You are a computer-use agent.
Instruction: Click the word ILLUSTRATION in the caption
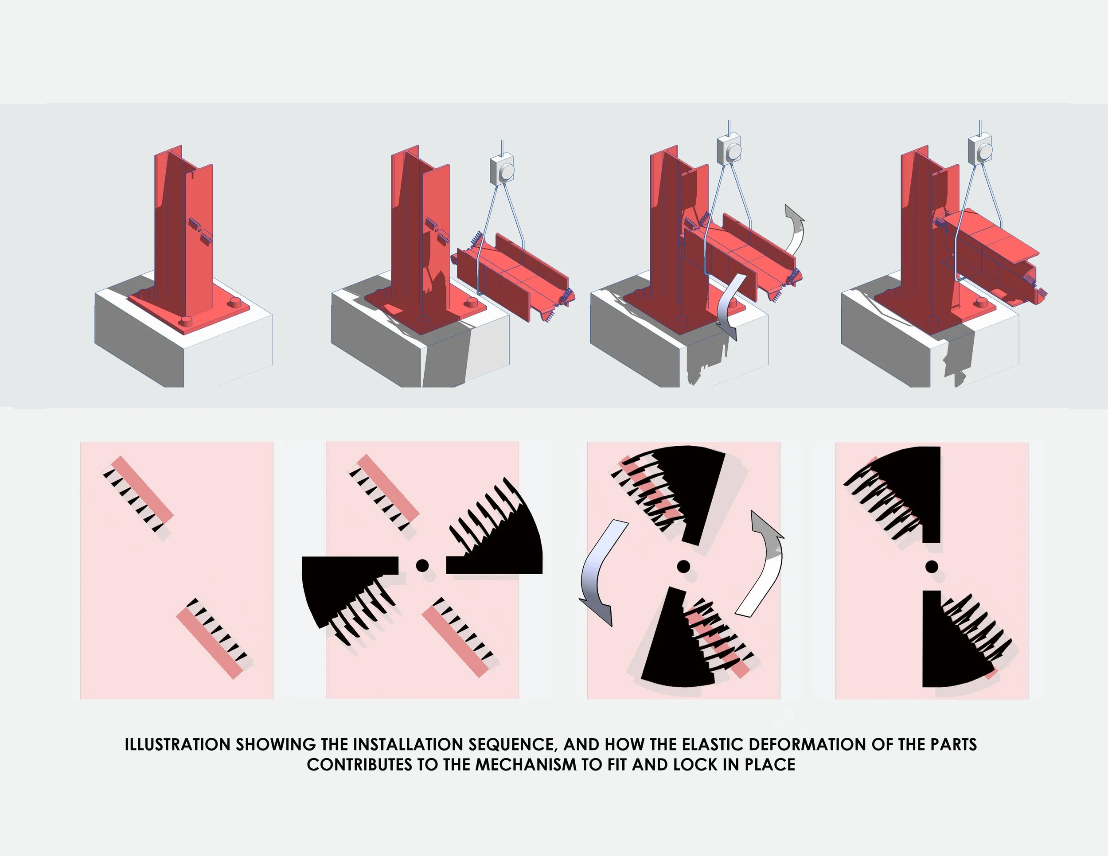click(x=178, y=744)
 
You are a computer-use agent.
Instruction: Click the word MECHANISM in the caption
click(x=526, y=764)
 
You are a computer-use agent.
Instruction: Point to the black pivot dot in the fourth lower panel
click(x=932, y=566)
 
